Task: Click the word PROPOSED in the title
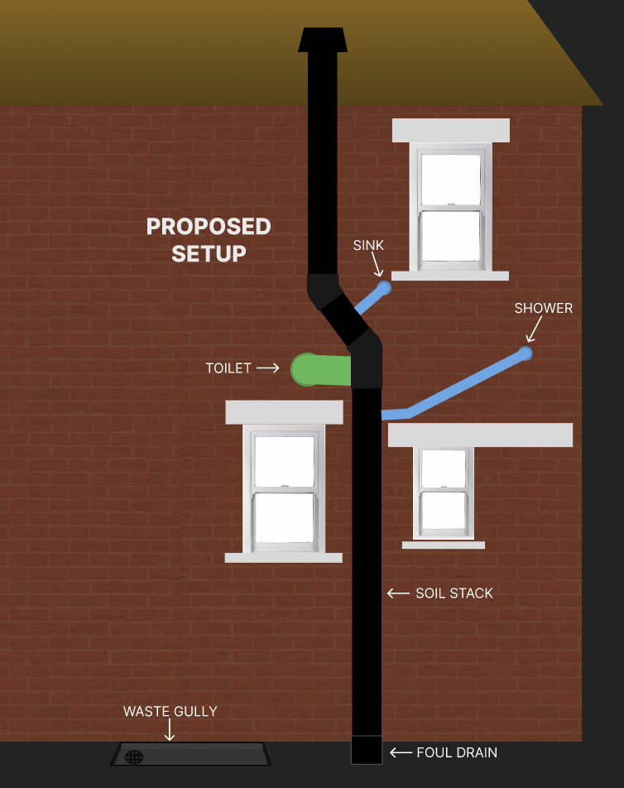pos(209,226)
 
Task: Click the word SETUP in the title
pos(209,253)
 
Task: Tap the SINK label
pos(368,245)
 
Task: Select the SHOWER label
pos(543,308)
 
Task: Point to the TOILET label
pos(228,368)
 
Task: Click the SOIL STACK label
pos(454,593)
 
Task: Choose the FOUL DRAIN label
pos(457,752)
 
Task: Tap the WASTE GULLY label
pos(170,711)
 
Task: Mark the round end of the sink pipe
pos(384,288)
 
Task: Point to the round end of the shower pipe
pos(525,353)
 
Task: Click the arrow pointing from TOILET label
pos(268,368)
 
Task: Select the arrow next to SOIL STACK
pos(398,593)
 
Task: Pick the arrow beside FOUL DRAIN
pos(401,752)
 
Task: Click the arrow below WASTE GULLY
pos(170,730)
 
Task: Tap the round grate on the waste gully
pos(134,757)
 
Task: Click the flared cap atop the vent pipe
pos(323,40)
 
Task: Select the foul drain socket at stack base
pos(367,750)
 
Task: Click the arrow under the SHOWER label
pos(534,329)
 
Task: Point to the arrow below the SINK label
pos(377,264)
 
